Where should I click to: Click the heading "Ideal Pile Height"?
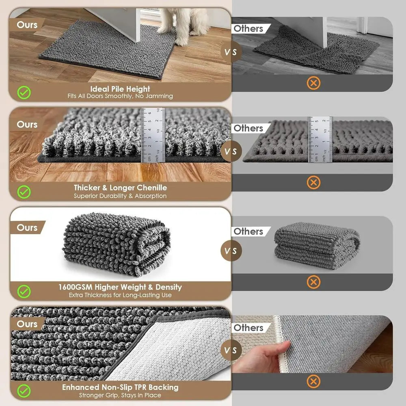pyautogui.click(x=120, y=89)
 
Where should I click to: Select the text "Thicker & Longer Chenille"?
pyautogui.click(x=120, y=188)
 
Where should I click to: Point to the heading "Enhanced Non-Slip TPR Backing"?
pyautogui.click(x=120, y=387)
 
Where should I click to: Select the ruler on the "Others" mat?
pyautogui.click(x=320, y=139)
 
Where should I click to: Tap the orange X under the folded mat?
pyautogui.click(x=313, y=281)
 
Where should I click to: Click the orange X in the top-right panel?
pyautogui.click(x=313, y=83)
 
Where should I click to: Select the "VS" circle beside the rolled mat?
pyautogui.click(x=231, y=251)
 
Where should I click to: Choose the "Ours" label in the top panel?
pyautogui.click(x=27, y=25)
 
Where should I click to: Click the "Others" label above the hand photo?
pyautogui.click(x=248, y=327)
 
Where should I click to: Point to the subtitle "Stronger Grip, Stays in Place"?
pyautogui.click(x=120, y=395)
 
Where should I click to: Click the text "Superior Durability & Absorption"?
pyautogui.click(x=120, y=196)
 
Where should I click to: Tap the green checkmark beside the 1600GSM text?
pyautogui.click(x=24, y=291)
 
